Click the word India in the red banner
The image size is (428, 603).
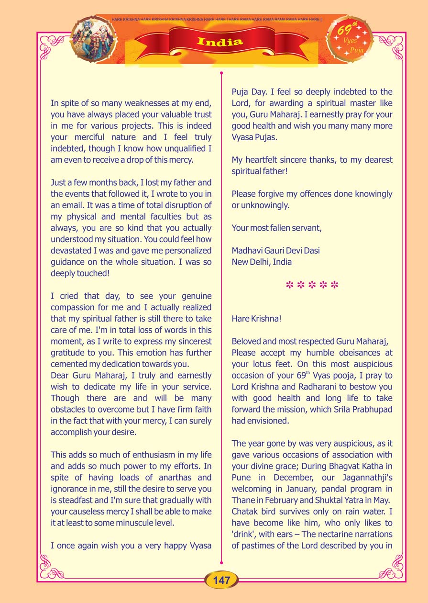(219, 42)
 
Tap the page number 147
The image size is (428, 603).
(222, 581)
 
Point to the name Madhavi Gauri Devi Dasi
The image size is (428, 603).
(275, 250)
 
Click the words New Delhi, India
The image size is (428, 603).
(262, 262)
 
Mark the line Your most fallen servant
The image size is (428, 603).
(276, 228)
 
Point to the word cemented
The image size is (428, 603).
(72, 364)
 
